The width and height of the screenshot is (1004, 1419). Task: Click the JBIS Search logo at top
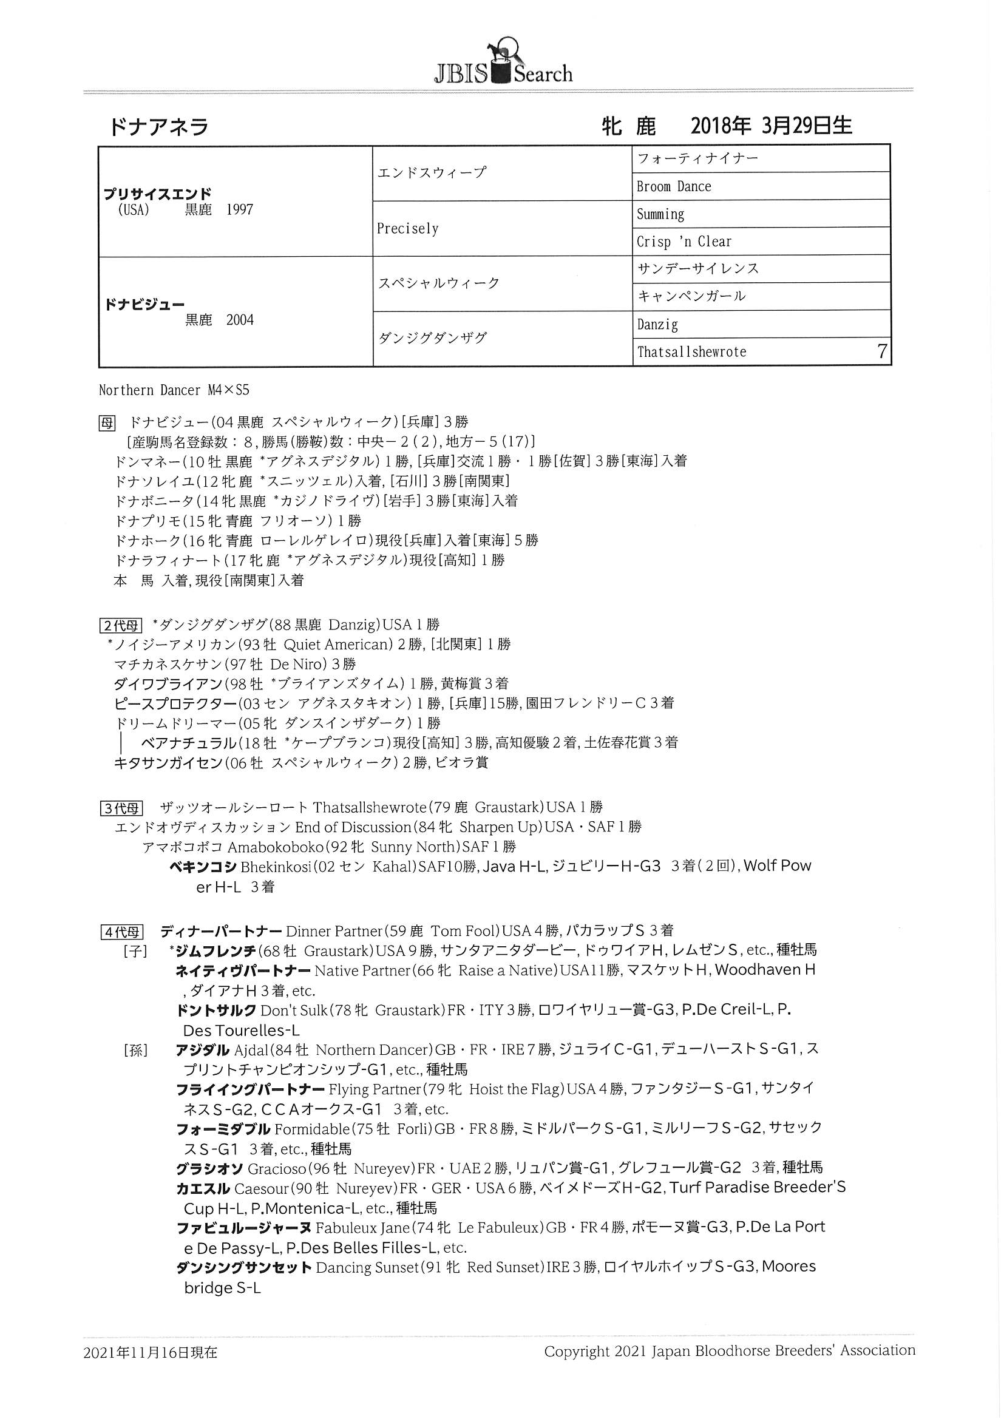coord(502,64)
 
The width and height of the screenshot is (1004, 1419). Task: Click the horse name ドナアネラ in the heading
coord(159,127)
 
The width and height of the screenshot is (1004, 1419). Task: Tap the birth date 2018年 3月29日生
coord(771,126)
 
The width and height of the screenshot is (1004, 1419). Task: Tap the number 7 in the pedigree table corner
coord(881,351)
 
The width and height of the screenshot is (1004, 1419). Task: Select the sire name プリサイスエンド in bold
coord(158,194)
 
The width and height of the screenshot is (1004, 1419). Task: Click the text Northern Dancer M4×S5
coord(174,391)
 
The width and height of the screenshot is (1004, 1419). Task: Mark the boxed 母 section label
coord(107,423)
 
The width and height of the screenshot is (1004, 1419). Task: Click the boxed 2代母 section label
coord(121,626)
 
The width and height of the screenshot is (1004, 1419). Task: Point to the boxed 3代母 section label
coord(121,808)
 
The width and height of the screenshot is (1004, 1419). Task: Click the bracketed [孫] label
coord(135,1050)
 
